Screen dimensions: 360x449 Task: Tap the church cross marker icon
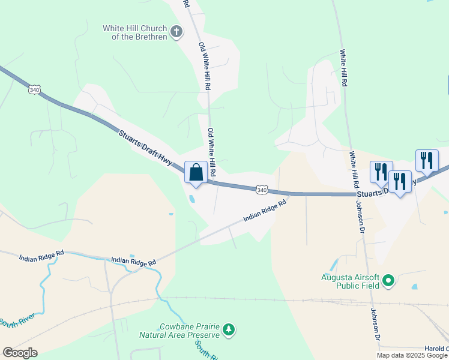click(176, 31)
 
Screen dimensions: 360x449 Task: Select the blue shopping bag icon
click(196, 173)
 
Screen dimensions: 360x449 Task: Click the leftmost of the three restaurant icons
click(381, 172)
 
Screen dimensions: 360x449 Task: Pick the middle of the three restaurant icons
click(400, 181)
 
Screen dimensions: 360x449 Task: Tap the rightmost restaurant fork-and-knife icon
click(427, 160)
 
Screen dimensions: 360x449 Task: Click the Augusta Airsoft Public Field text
click(349, 281)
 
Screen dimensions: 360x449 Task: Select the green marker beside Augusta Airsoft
click(388, 280)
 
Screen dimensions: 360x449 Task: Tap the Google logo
click(20, 353)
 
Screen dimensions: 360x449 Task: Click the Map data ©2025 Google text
click(412, 355)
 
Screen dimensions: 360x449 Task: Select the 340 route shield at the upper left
click(34, 89)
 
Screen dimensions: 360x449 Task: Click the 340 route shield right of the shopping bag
click(261, 190)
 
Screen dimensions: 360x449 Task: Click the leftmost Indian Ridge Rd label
click(41, 257)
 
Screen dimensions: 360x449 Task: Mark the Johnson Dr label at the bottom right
click(376, 323)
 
